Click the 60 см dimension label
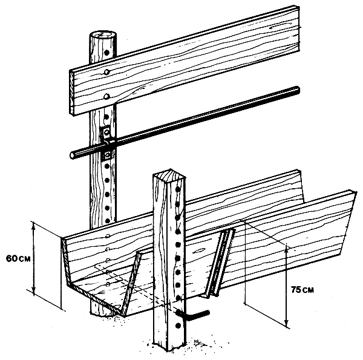tap(18, 258)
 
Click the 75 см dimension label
tap(302, 290)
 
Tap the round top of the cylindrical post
tap(103, 36)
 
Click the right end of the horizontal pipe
tap(297, 90)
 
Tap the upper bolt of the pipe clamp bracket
tap(106, 133)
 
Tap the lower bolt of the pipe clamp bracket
tap(108, 155)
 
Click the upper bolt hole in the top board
tap(106, 72)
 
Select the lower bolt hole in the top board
tap(106, 96)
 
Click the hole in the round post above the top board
tap(106, 53)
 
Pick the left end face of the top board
tap(72, 93)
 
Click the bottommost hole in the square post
tap(178, 326)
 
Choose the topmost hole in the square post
tap(177, 189)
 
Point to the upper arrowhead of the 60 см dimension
tap(34, 226)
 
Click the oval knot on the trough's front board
tap(199, 250)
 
